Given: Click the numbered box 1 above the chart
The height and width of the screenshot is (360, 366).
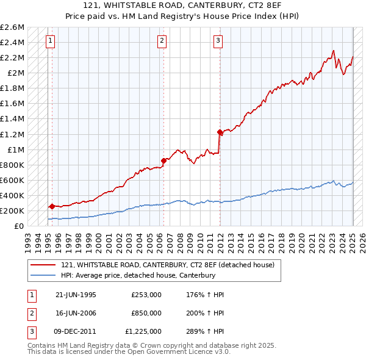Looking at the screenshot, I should point(49,41).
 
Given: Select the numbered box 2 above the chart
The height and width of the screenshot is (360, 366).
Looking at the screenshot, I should point(162,41).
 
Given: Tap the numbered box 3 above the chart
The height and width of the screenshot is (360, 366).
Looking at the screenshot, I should point(218,41).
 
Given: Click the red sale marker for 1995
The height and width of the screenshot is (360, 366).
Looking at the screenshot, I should point(52,206).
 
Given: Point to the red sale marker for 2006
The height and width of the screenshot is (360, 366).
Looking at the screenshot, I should point(163,160).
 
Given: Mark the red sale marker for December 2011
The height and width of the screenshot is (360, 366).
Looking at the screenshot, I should point(220,132).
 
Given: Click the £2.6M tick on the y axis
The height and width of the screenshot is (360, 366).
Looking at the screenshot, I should point(12,27).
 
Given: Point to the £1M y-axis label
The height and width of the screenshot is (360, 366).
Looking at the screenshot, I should point(15,149).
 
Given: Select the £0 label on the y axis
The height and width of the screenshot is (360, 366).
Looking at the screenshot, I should point(19,226).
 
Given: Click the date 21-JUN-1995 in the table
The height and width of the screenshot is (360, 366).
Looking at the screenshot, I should point(76,295).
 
